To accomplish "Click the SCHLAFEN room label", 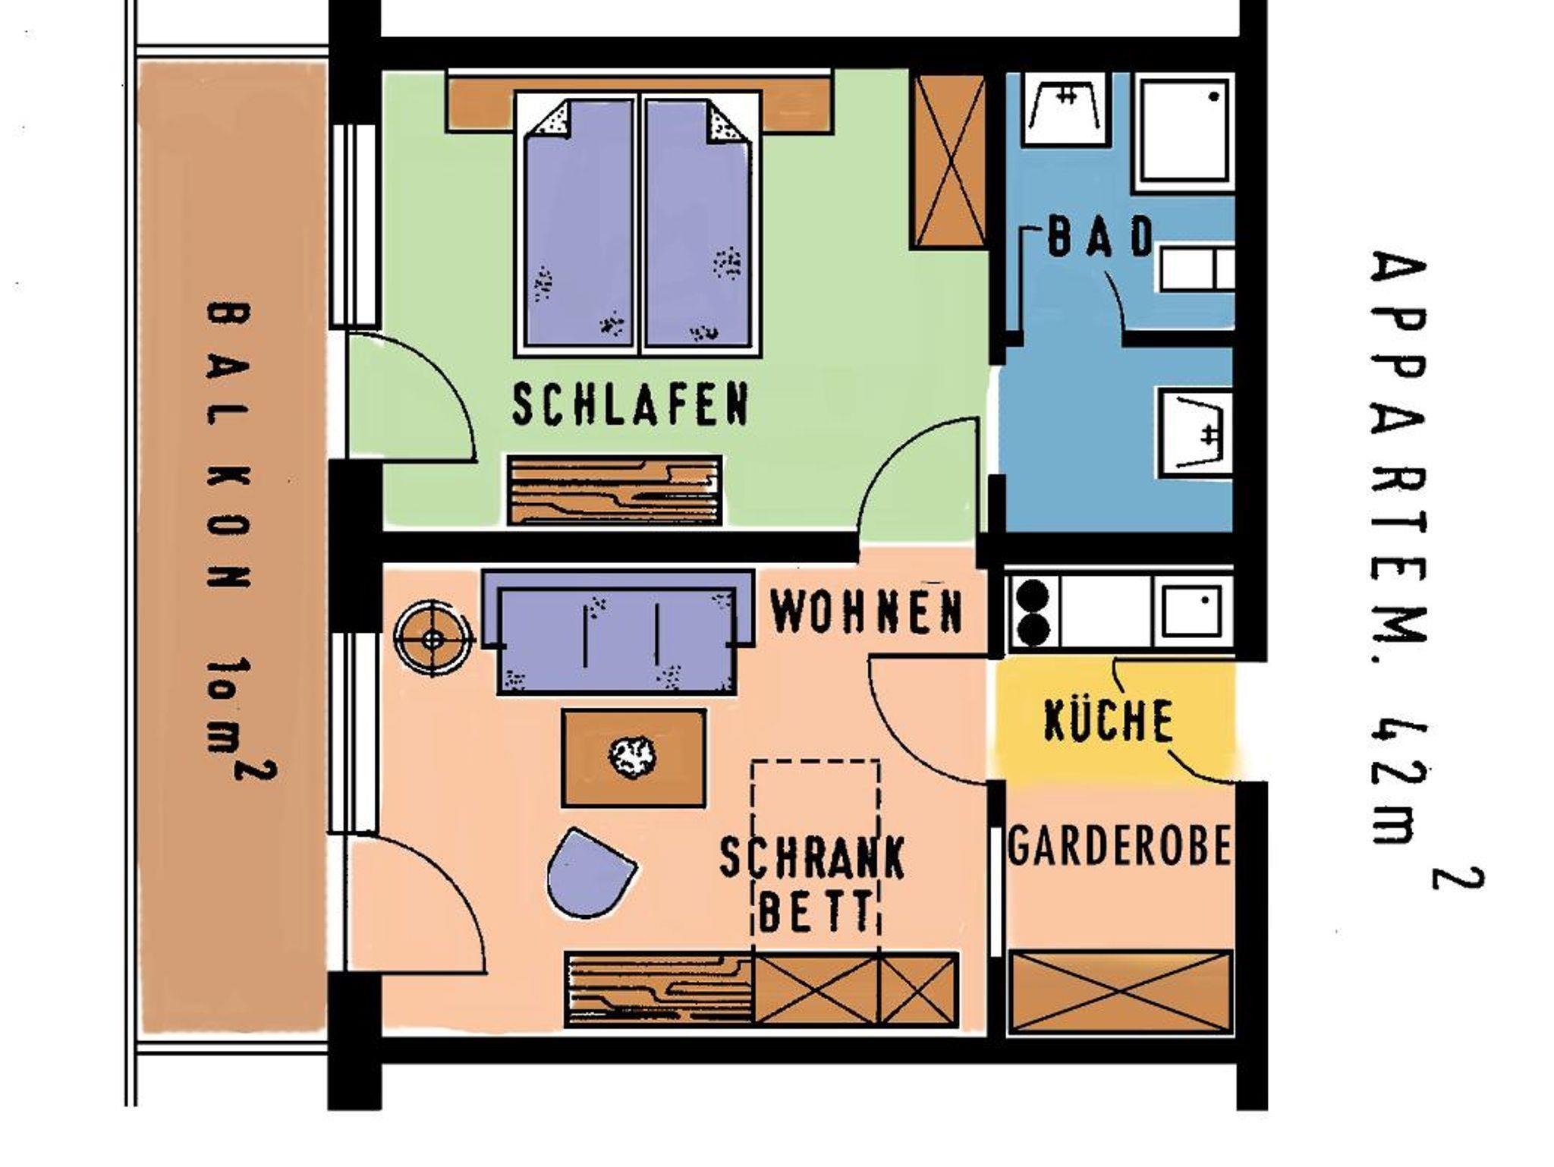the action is click(631, 404).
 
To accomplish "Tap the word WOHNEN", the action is click(867, 612).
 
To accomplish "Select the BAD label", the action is click(1099, 236).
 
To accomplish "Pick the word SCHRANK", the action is click(811, 857).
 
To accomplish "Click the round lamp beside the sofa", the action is click(433, 640).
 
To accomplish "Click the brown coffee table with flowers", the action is click(634, 757).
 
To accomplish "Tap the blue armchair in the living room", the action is click(588, 873).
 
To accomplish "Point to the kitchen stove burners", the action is click(1032, 611).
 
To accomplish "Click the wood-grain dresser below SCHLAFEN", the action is click(614, 490).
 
